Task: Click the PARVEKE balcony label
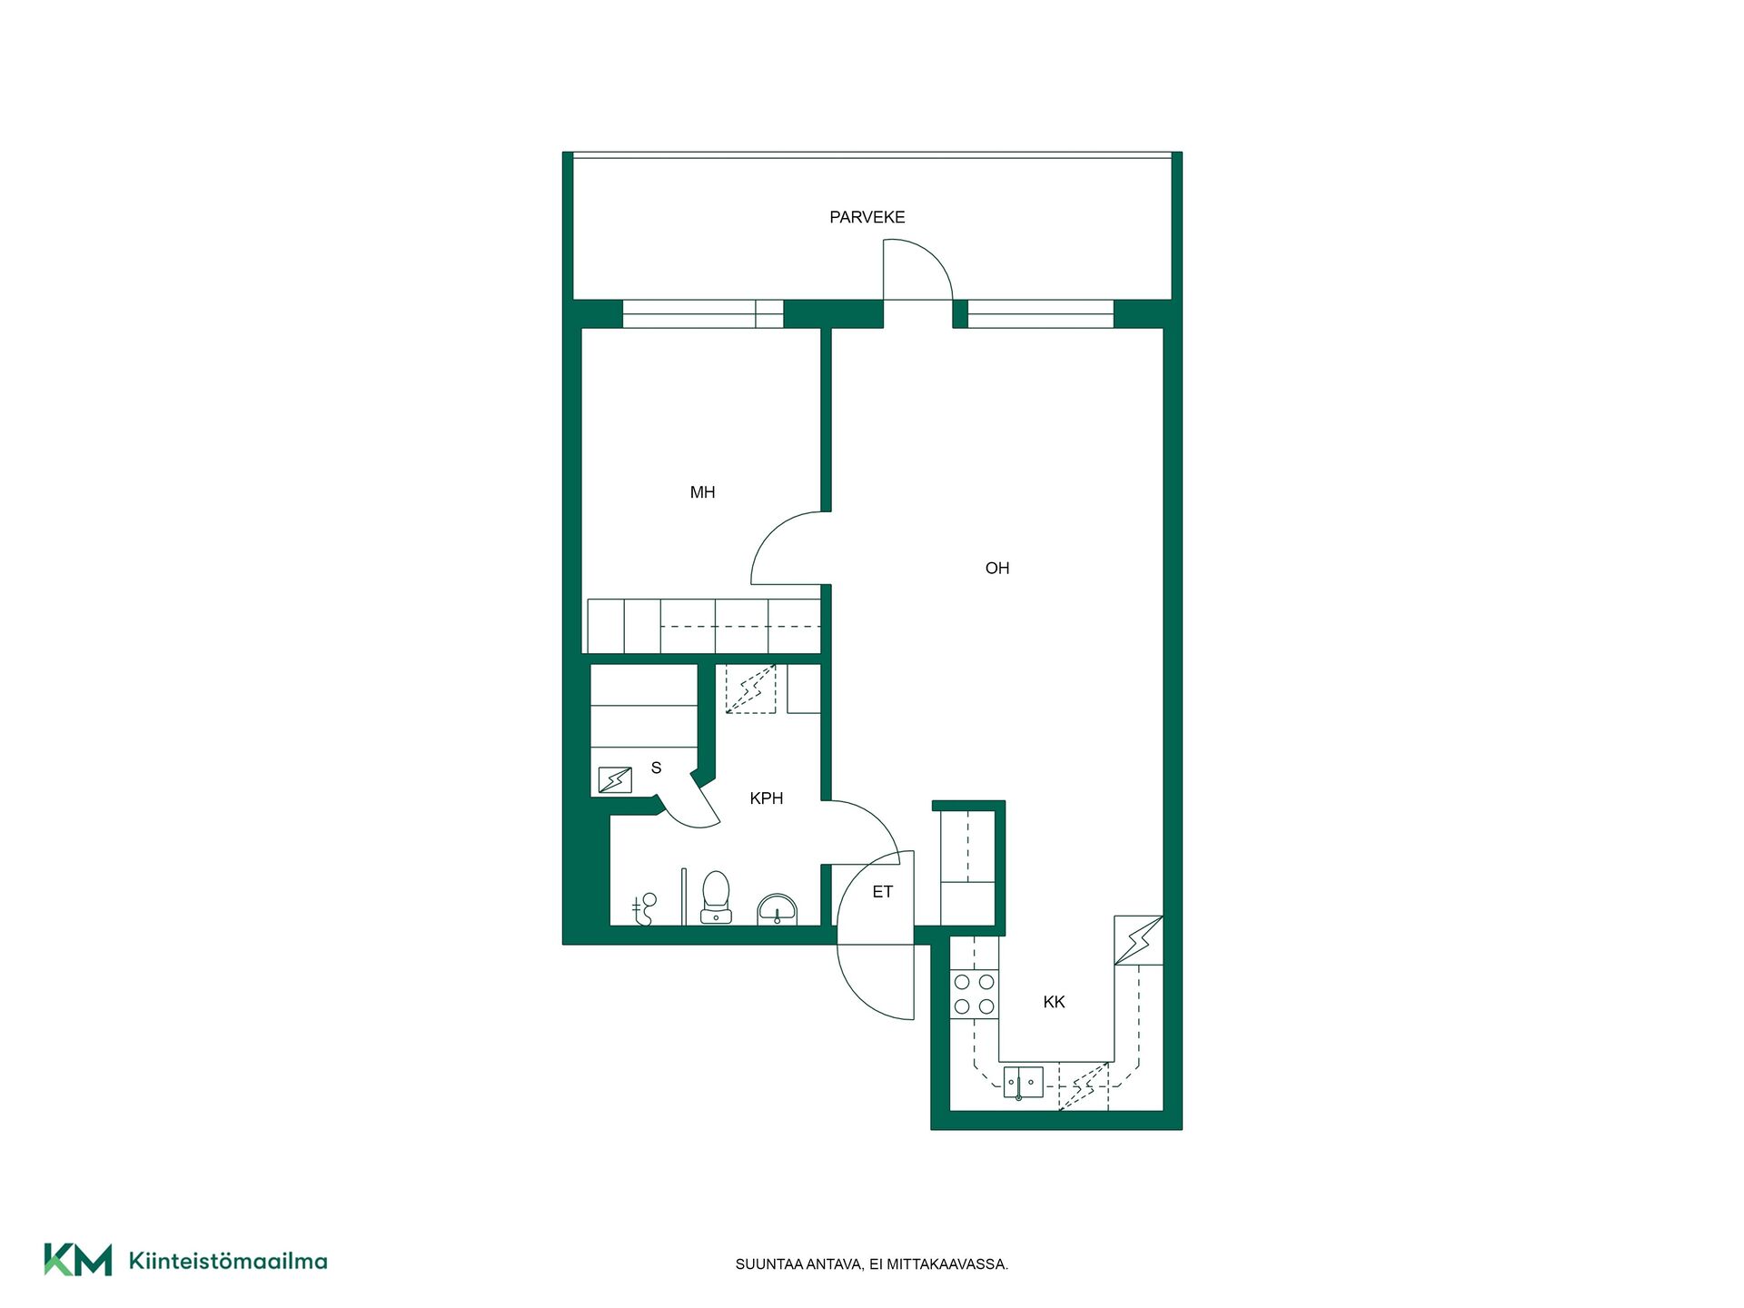[867, 217]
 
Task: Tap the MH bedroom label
[702, 492]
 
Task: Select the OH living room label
[996, 568]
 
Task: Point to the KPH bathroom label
[766, 798]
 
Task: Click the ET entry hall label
[882, 892]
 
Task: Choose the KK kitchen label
[1054, 1002]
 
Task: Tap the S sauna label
[656, 768]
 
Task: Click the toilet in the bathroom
[716, 897]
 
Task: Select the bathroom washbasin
[777, 909]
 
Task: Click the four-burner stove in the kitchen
[974, 994]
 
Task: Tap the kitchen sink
[1023, 1083]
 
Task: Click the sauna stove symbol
[615, 779]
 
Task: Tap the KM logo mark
[78, 1260]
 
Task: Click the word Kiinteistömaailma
[228, 1261]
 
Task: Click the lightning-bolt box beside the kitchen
[1138, 940]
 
